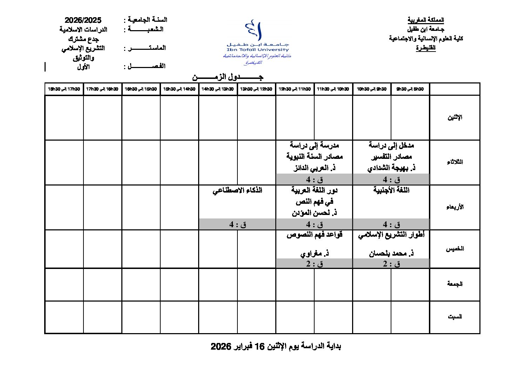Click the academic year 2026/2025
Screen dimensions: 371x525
click(x=83, y=20)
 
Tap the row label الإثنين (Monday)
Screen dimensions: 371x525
click(x=455, y=117)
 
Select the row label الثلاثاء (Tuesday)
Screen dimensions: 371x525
click(x=455, y=162)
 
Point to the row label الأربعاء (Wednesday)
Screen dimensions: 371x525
click(x=455, y=207)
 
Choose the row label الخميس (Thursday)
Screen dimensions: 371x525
click(x=455, y=249)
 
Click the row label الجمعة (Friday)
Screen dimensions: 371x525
click(x=455, y=284)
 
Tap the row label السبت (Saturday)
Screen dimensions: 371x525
click(x=455, y=317)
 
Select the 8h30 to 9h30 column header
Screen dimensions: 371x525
click(x=410, y=89)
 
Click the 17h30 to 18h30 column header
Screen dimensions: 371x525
click(x=64, y=89)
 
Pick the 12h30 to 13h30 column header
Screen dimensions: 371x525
click(x=256, y=89)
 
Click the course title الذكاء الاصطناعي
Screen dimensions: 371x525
click(x=237, y=190)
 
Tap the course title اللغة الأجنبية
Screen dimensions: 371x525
click(x=391, y=190)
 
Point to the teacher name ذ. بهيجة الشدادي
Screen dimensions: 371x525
click(x=391, y=168)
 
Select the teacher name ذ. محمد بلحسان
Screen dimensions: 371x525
click(x=391, y=253)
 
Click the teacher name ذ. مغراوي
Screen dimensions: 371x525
click(x=314, y=253)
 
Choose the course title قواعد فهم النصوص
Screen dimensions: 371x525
click(x=314, y=235)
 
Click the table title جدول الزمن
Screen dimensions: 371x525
click(x=228, y=77)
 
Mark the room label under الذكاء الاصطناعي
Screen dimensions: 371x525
click(x=237, y=224)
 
